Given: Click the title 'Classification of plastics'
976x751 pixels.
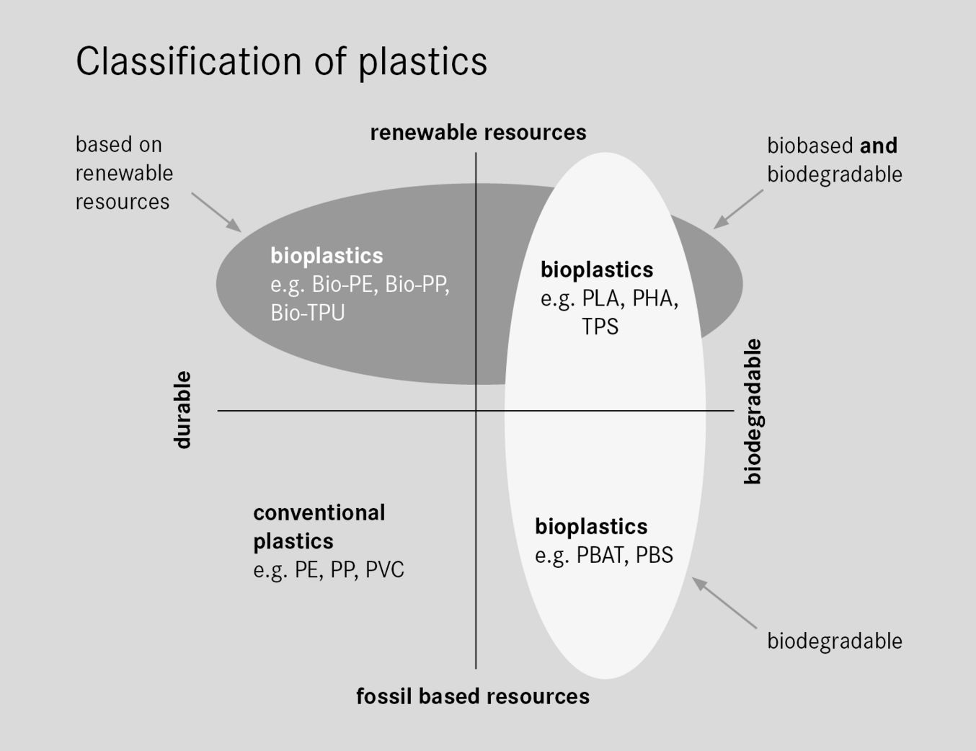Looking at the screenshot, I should click(281, 61).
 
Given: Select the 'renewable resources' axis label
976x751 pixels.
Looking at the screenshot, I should click(478, 133).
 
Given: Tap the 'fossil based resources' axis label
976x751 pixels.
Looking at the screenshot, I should click(473, 696).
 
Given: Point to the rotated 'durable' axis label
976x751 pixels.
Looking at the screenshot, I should click(183, 410).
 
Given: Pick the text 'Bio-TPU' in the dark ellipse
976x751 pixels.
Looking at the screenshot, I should click(308, 313).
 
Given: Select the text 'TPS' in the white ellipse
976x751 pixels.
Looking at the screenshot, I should click(600, 326).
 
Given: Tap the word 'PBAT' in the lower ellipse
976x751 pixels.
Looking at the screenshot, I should click(601, 555).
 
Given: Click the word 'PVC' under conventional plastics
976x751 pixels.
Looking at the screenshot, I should click(385, 570).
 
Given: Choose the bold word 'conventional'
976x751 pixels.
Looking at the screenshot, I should click(319, 512).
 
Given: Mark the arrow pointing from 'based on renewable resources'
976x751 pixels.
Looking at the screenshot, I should click(216, 212).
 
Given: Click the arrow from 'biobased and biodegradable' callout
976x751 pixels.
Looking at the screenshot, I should click(738, 209).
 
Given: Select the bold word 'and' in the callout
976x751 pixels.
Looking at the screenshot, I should click(879, 146).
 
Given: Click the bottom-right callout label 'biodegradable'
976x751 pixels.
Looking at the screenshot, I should click(834, 641).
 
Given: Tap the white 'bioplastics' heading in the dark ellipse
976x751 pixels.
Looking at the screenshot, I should click(327, 256).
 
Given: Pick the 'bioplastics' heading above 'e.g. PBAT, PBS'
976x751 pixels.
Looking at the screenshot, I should click(591, 527).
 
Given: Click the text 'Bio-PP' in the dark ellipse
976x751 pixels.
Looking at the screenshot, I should click(416, 285).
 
